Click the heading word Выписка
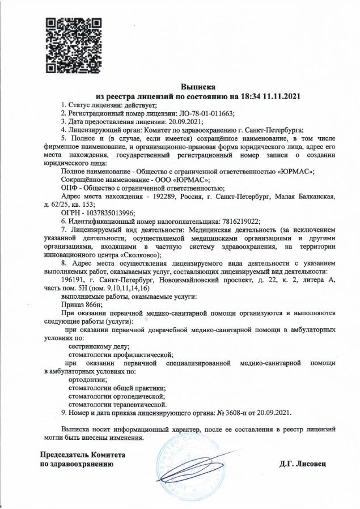point(198,87)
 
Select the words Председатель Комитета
point(82,455)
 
